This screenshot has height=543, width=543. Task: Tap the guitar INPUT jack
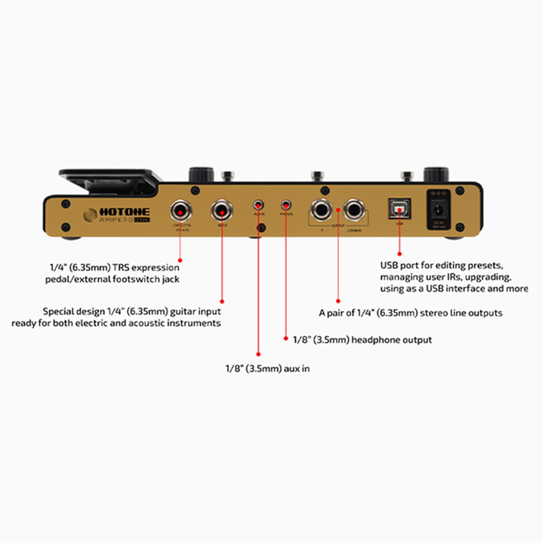[222, 211]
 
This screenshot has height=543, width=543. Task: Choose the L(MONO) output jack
[354, 211]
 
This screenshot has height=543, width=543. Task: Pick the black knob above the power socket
[436, 174]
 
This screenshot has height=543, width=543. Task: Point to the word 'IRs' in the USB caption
[469, 277]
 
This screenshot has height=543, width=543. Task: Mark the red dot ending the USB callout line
[400, 253]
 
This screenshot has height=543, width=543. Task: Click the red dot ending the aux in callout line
[258, 354]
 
